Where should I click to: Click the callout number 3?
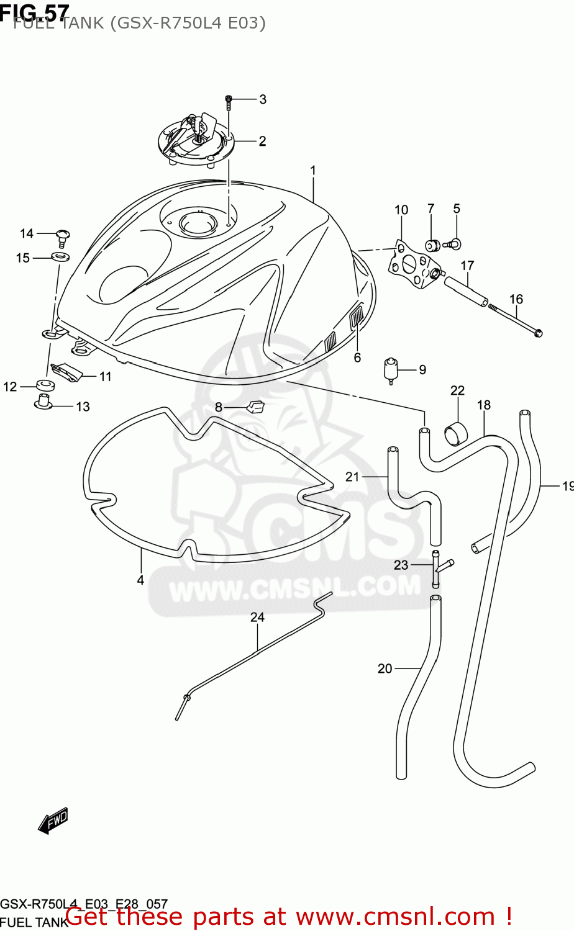[x=263, y=99]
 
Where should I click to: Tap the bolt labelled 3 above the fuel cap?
[x=229, y=101]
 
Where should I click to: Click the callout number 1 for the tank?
[x=314, y=170]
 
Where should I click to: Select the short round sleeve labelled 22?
[x=457, y=433]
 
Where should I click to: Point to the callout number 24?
[x=257, y=617]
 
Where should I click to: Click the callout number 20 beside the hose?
[x=385, y=668]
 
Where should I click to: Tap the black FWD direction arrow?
[x=53, y=821]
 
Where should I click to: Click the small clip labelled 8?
[x=255, y=407]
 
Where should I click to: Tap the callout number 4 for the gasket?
[x=140, y=580]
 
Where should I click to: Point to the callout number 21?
[x=352, y=477]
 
